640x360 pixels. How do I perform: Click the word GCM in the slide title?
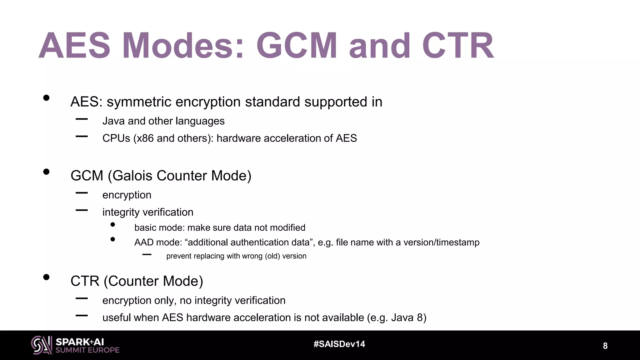click(x=297, y=45)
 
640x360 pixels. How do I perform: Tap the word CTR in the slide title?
click(x=458, y=45)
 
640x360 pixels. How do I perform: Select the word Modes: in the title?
click(x=183, y=45)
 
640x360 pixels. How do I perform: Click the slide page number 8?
click(x=605, y=346)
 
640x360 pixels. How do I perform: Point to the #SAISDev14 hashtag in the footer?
click(x=339, y=344)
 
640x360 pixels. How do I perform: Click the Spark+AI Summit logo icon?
click(x=42, y=345)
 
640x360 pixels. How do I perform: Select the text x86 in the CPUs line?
click(x=145, y=138)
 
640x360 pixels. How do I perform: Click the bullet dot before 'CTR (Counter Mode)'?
click(x=47, y=277)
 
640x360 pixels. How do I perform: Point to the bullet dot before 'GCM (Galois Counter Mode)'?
click(x=47, y=172)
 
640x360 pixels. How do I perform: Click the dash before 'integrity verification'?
click(x=82, y=210)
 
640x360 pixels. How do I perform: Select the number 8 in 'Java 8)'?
click(x=420, y=318)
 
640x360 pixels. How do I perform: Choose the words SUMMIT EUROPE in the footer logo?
click(x=87, y=350)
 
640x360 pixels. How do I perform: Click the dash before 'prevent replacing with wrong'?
click(x=147, y=255)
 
